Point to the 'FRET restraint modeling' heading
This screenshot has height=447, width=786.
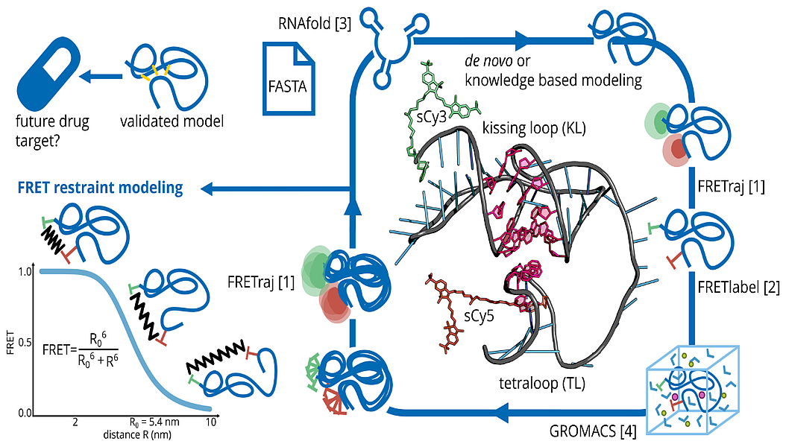(x=98, y=188)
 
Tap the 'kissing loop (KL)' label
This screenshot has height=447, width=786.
(x=533, y=128)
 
